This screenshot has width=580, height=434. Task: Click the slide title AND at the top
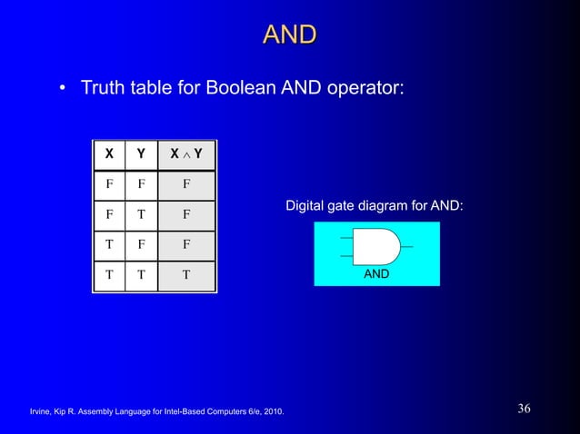click(x=289, y=35)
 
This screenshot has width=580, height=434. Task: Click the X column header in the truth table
click(x=109, y=154)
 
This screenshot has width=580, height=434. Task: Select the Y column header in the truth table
click(x=140, y=154)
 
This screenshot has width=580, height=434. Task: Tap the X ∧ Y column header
click(x=186, y=154)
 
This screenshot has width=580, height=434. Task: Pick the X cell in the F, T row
click(x=109, y=216)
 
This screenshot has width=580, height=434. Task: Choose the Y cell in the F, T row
click(x=140, y=216)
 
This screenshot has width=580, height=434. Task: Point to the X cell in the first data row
click(x=109, y=185)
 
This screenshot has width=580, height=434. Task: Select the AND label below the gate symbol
click(x=376, y=272)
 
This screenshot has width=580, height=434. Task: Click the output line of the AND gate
click(x=407, y=246)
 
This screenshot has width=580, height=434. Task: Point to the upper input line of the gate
click(x=345, y=238)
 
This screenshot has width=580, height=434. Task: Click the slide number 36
click(x=524, y=409)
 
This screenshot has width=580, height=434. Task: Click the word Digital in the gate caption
click(x=305, y=207)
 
